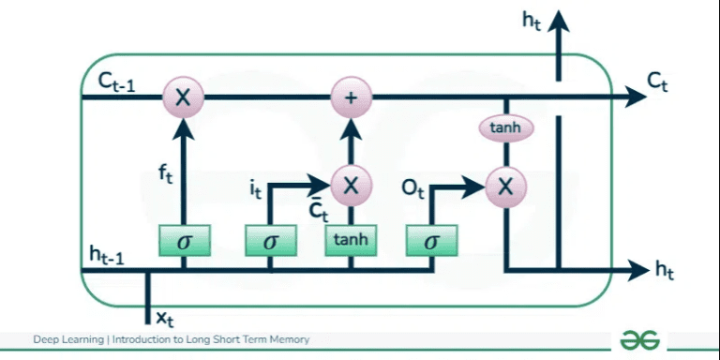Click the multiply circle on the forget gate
tap(184, 97)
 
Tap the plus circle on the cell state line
tap(352, 97)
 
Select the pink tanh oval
tap(505, 128)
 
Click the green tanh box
tap(352, 240)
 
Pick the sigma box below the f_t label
tap(184, 240)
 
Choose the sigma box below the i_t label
tap(271, 240)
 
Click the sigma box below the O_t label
tap(431, 240)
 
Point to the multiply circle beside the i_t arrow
tap(352, 187)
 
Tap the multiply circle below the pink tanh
tap(505, 187)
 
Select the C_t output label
tap(656, 82)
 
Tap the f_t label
tap(165, 172)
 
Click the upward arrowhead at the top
tap(560, 19)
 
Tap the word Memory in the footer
tap(288, 339)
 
